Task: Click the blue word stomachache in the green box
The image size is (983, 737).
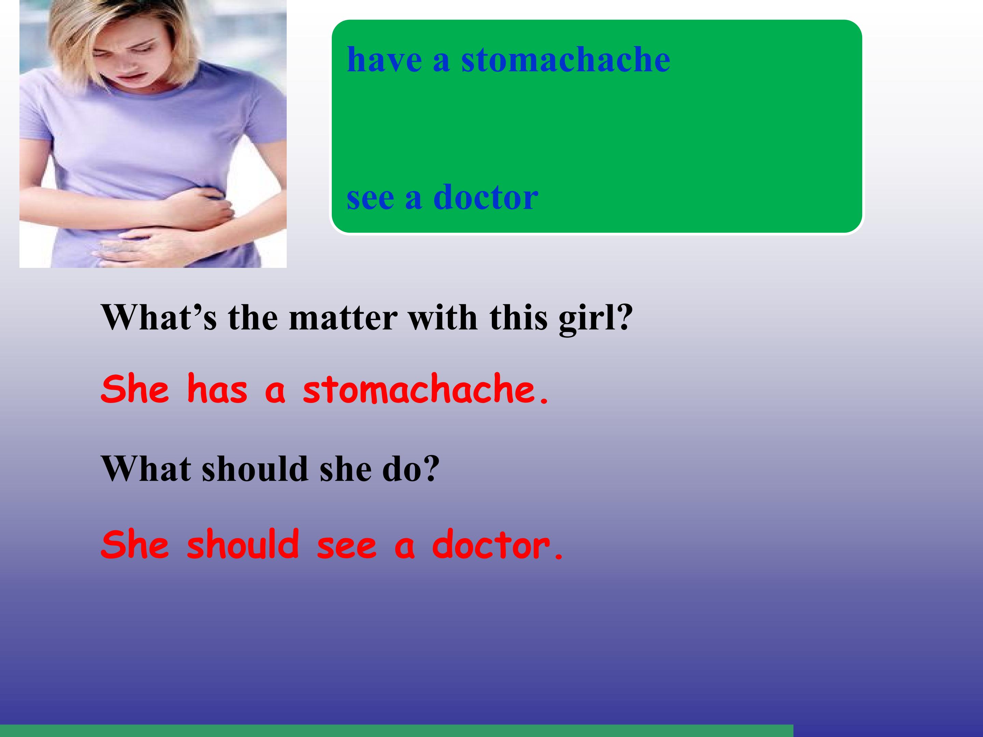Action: click(565, 60)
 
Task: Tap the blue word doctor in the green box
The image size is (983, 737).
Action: click(485, 197)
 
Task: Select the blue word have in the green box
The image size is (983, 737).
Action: click(384, 60)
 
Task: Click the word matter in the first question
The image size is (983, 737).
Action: click(343, 318)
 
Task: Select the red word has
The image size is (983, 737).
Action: click(217, 389)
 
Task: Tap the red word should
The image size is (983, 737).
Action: click(243, 545)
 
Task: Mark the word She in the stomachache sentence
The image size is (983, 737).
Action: click(135, 389)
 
